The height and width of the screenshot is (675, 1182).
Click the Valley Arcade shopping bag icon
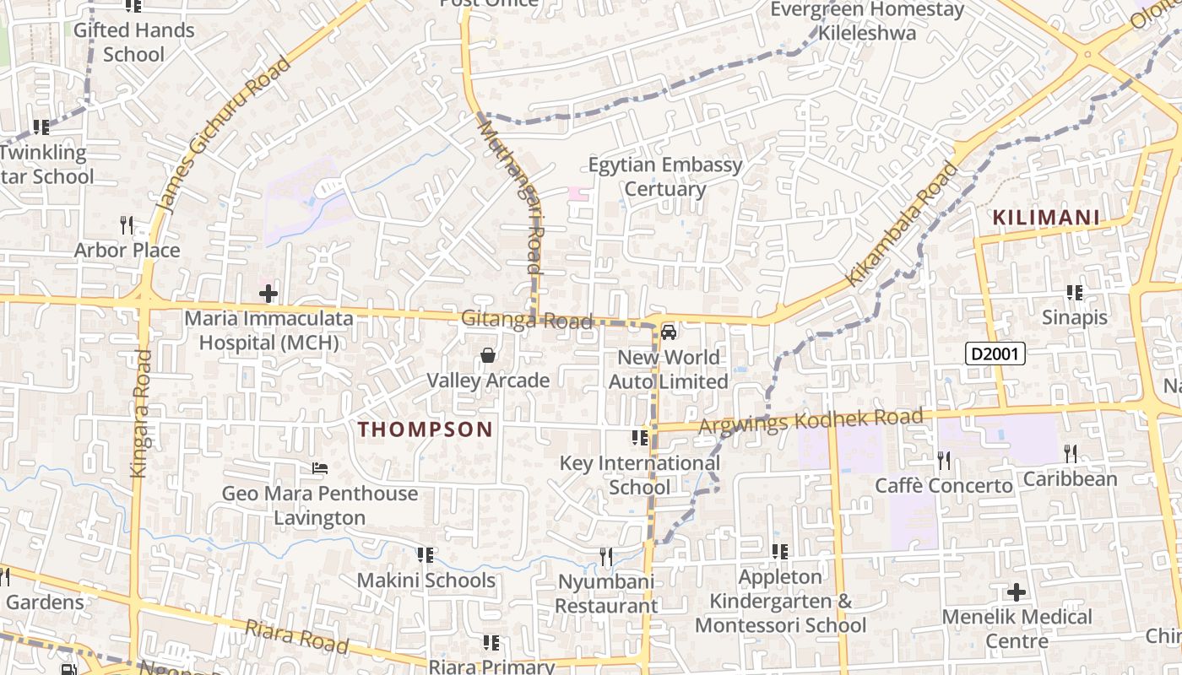tap(488, 355)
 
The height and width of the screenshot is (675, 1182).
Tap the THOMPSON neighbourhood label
tap(425, 429)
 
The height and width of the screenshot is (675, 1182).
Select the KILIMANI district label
tap(1046, 218)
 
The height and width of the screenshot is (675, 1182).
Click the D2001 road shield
tap(995, 354)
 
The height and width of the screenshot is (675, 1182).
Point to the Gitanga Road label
tap(527, 321)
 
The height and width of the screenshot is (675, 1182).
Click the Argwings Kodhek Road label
tap(811, 420)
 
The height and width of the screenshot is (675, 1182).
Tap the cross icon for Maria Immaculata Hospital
tap(268, 294)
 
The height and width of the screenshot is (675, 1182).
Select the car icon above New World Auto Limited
tap(669, 332)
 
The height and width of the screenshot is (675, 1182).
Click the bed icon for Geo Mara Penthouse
tap(320, 467)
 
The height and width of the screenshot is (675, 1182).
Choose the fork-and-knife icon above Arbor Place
tap(127, 224)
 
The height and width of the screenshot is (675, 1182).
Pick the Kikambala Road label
tap(903, 224)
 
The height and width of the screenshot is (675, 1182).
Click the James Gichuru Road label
tap(223, 135)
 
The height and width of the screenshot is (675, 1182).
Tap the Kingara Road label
tap(141, 413)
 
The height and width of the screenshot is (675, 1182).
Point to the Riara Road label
tap(296, 637)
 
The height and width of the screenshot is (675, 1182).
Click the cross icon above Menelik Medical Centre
tap(1017, 591)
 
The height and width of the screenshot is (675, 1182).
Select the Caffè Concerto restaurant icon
tap(944, 460)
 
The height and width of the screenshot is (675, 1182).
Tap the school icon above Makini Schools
tap(426, 555)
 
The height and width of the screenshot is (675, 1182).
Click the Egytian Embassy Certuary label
tap(665, 176)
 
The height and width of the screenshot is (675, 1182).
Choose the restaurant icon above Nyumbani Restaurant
tap(606, 556)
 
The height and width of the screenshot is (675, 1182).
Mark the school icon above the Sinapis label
tap(1075, 293)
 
